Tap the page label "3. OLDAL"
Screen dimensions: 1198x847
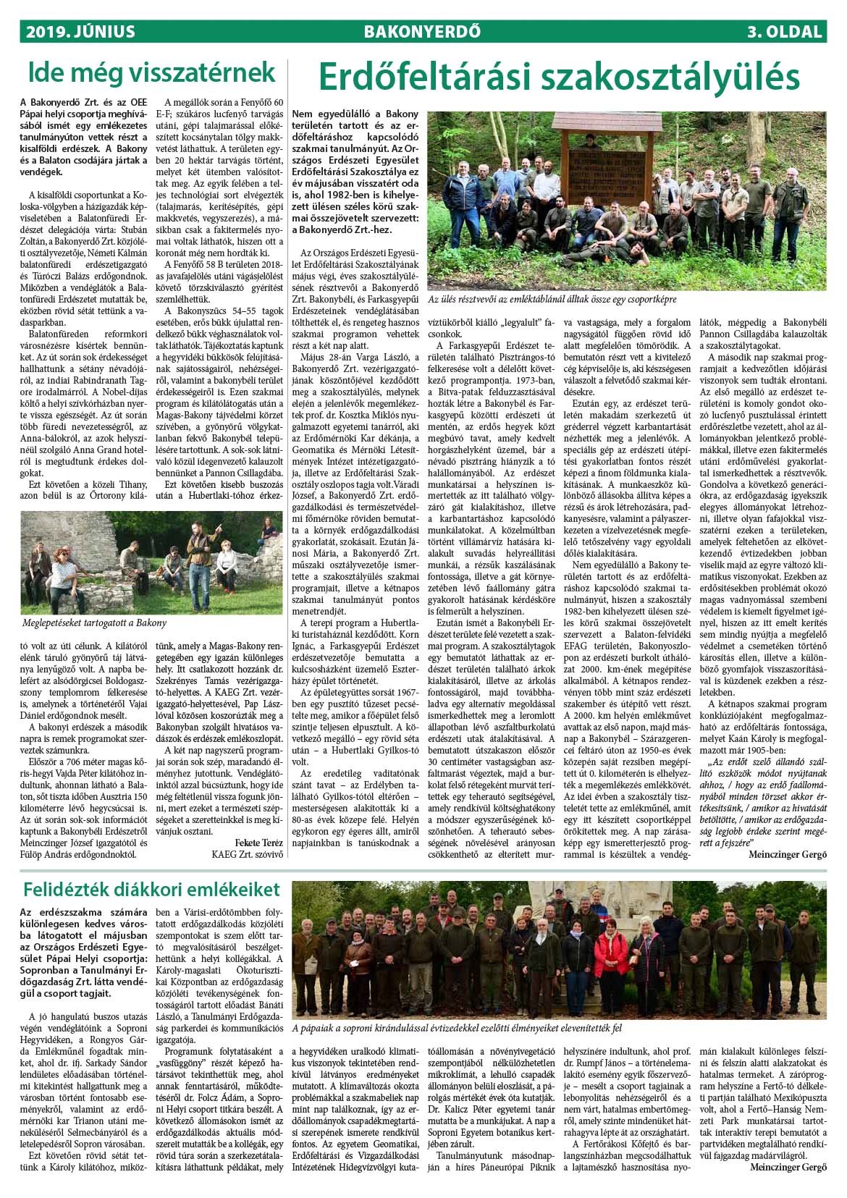tap(785, 32)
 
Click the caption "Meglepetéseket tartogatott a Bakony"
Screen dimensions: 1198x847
tap(93, 623)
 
